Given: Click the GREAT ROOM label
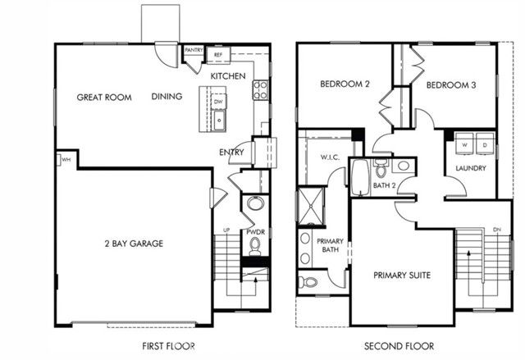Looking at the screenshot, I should pos(104,97).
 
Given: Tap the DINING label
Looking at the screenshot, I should pos(167,97).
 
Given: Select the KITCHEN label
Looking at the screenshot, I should pos(227,75).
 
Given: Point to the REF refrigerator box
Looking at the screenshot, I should pos(218,55).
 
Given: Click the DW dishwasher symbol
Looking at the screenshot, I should pos(218,102).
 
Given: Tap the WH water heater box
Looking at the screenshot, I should pos(63,159).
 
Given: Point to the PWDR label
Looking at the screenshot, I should pos(254,232).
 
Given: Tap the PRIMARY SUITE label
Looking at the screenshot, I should pos(402,275).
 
